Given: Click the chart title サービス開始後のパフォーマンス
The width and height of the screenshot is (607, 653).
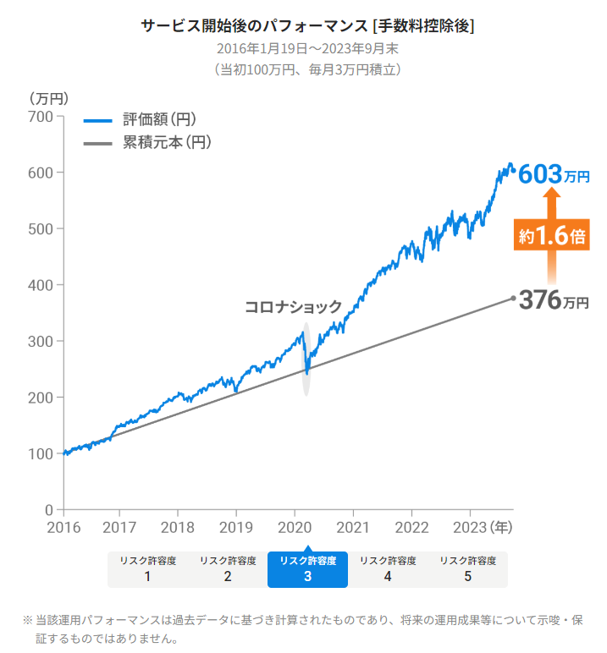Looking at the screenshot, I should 307,25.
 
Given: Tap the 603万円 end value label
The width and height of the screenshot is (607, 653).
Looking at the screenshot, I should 553,174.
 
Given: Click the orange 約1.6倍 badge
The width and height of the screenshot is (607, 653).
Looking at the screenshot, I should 551,236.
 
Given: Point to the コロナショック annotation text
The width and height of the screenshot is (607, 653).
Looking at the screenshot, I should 293,307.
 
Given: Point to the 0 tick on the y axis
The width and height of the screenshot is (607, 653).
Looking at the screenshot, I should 49,510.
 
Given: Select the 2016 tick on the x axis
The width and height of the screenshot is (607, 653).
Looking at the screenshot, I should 63,527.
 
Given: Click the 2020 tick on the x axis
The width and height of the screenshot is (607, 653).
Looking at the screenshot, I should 295,527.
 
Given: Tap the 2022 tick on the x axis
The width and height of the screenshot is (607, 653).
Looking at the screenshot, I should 411,527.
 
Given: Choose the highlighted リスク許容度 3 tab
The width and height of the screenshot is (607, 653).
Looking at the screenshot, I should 307,568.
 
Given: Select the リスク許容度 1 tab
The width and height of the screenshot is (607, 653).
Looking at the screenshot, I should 147,568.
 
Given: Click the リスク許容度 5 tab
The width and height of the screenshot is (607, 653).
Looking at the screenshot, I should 467,568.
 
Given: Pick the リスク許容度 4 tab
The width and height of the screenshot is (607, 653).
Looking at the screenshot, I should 388,568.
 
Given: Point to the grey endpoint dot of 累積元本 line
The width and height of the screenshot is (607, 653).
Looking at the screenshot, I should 513,298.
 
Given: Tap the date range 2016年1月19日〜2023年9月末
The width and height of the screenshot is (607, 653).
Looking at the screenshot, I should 307,48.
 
